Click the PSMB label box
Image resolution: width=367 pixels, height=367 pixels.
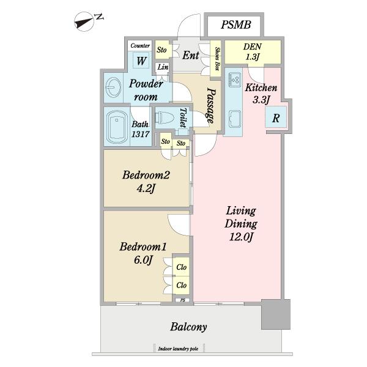(234, 25)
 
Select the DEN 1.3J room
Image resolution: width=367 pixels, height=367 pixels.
(253, 52)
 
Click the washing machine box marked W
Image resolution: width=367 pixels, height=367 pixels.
(141, 61)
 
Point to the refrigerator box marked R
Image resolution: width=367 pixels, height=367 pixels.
(276, 117)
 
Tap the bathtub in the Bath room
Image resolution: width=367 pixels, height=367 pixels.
(117, 127)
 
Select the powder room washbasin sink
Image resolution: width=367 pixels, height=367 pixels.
(113, 87)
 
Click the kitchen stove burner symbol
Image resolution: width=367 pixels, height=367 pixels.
(235, 78)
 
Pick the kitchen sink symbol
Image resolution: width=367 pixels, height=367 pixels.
(235, 119)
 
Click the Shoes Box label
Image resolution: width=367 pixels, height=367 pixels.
(217, 59)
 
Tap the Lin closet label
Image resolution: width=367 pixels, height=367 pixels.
(163, 67)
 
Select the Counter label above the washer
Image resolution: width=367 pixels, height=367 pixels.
(140, 45)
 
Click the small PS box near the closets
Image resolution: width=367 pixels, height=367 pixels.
(182, 300)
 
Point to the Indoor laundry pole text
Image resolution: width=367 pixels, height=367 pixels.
(178, 349)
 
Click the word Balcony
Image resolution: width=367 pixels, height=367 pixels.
(188, 327)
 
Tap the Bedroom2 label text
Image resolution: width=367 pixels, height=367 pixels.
(146, 175)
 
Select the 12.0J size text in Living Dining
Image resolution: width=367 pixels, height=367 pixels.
(241, 237)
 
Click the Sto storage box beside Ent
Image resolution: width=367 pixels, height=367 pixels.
(161, 50)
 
